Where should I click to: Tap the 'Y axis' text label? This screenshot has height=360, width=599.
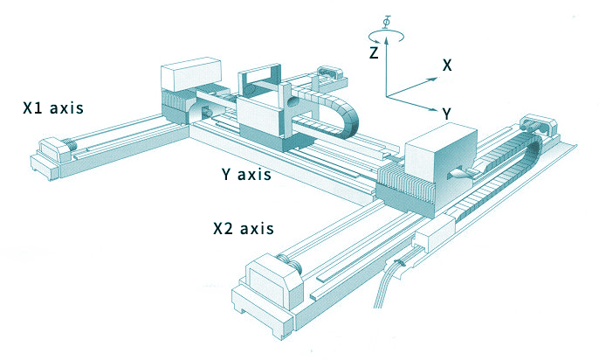(x=247, y=174)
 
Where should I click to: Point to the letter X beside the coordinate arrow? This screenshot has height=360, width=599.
(x=446, y=65)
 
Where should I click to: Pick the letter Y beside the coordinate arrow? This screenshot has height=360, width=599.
(x=446, y=114)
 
